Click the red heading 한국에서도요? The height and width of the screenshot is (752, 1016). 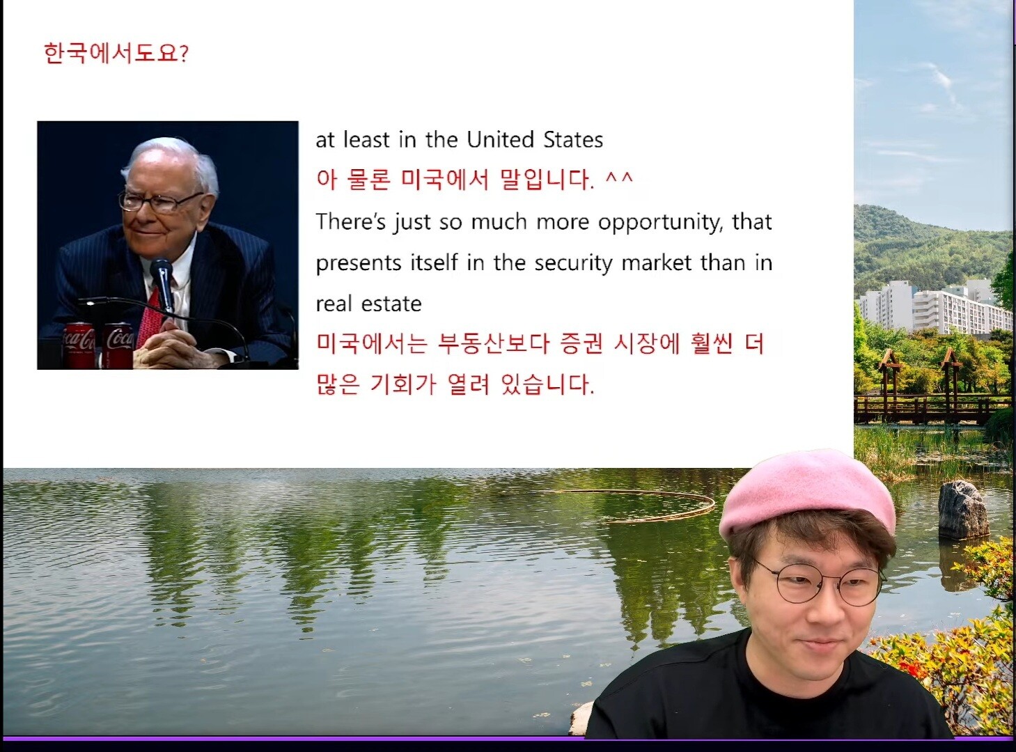point(116,53)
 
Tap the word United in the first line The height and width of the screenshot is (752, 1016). point(501,140)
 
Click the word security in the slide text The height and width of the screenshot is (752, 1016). point(574,264)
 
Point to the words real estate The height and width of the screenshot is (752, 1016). point(369,304)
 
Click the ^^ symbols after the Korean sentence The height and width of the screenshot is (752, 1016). point(619,178)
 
